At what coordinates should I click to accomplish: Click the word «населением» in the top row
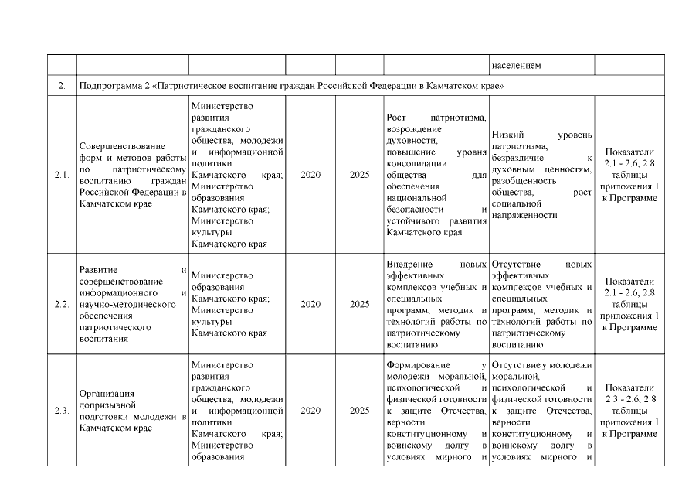click(516, 66)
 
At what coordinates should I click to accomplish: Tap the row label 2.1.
click(62, 175)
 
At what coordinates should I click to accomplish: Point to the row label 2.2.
click(62, 305)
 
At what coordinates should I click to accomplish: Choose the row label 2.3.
click(62, 411)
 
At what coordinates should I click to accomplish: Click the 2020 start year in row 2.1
click(310, 175)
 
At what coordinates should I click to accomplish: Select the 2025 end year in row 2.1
click(360, 175)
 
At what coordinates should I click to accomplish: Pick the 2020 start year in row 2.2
click(310, 305)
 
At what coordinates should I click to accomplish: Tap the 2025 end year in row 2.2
click(360, 305)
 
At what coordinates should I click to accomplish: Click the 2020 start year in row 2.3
click(310, 411)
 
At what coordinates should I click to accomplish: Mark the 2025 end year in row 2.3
click(360, 411)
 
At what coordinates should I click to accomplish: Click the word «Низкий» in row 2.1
click(508, 135)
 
